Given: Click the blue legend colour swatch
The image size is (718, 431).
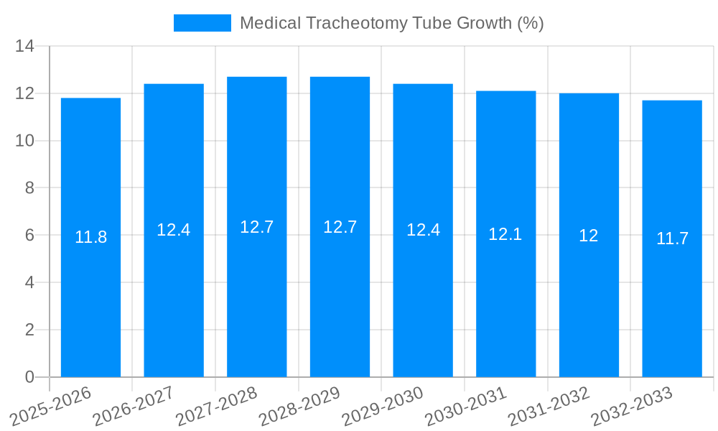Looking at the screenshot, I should coord(202,23).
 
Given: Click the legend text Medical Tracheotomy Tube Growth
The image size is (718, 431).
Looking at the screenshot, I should coord(391,23).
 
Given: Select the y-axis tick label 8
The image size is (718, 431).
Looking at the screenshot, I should coord(29,188).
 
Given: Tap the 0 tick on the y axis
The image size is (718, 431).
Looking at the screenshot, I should coord(29,377).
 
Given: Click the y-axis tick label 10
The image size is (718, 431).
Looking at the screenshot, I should coord(25,141).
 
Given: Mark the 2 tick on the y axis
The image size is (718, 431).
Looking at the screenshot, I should coord(29,330).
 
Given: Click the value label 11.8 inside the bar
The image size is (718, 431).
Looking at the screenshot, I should coord(90,237).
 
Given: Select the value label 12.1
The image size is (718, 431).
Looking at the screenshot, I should coord(505,233).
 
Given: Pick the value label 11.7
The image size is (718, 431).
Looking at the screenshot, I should coord(672,238).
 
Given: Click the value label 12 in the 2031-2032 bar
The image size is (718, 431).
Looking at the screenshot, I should coord(589,235).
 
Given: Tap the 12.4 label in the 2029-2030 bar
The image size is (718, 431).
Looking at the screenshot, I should coord(423,230).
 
